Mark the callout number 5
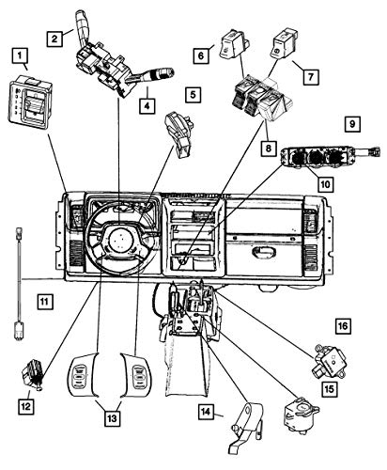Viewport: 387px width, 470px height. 192,95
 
